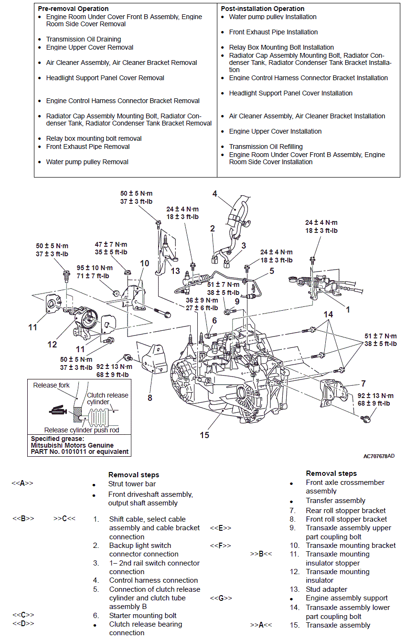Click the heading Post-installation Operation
click(262, 9)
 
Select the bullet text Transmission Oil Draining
click(83, 39)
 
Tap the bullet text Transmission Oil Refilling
click(266, 147)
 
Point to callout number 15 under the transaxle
click(204, 435)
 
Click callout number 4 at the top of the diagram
click(215, 193)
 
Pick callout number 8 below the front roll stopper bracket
click(150, 397)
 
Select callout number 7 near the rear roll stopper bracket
click(364, 383)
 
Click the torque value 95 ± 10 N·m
click(95, 268)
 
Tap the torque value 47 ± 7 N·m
click(111, 244)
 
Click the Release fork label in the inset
click(51, 385)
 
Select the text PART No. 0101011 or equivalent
click(80, 451)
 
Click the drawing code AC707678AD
click(379, 456)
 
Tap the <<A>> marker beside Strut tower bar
click(22, 483)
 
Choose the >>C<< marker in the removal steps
click(64, 519)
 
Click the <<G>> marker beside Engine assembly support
click(221, 598)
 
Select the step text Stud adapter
click(326, 589)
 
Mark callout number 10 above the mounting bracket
click(145, 263)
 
